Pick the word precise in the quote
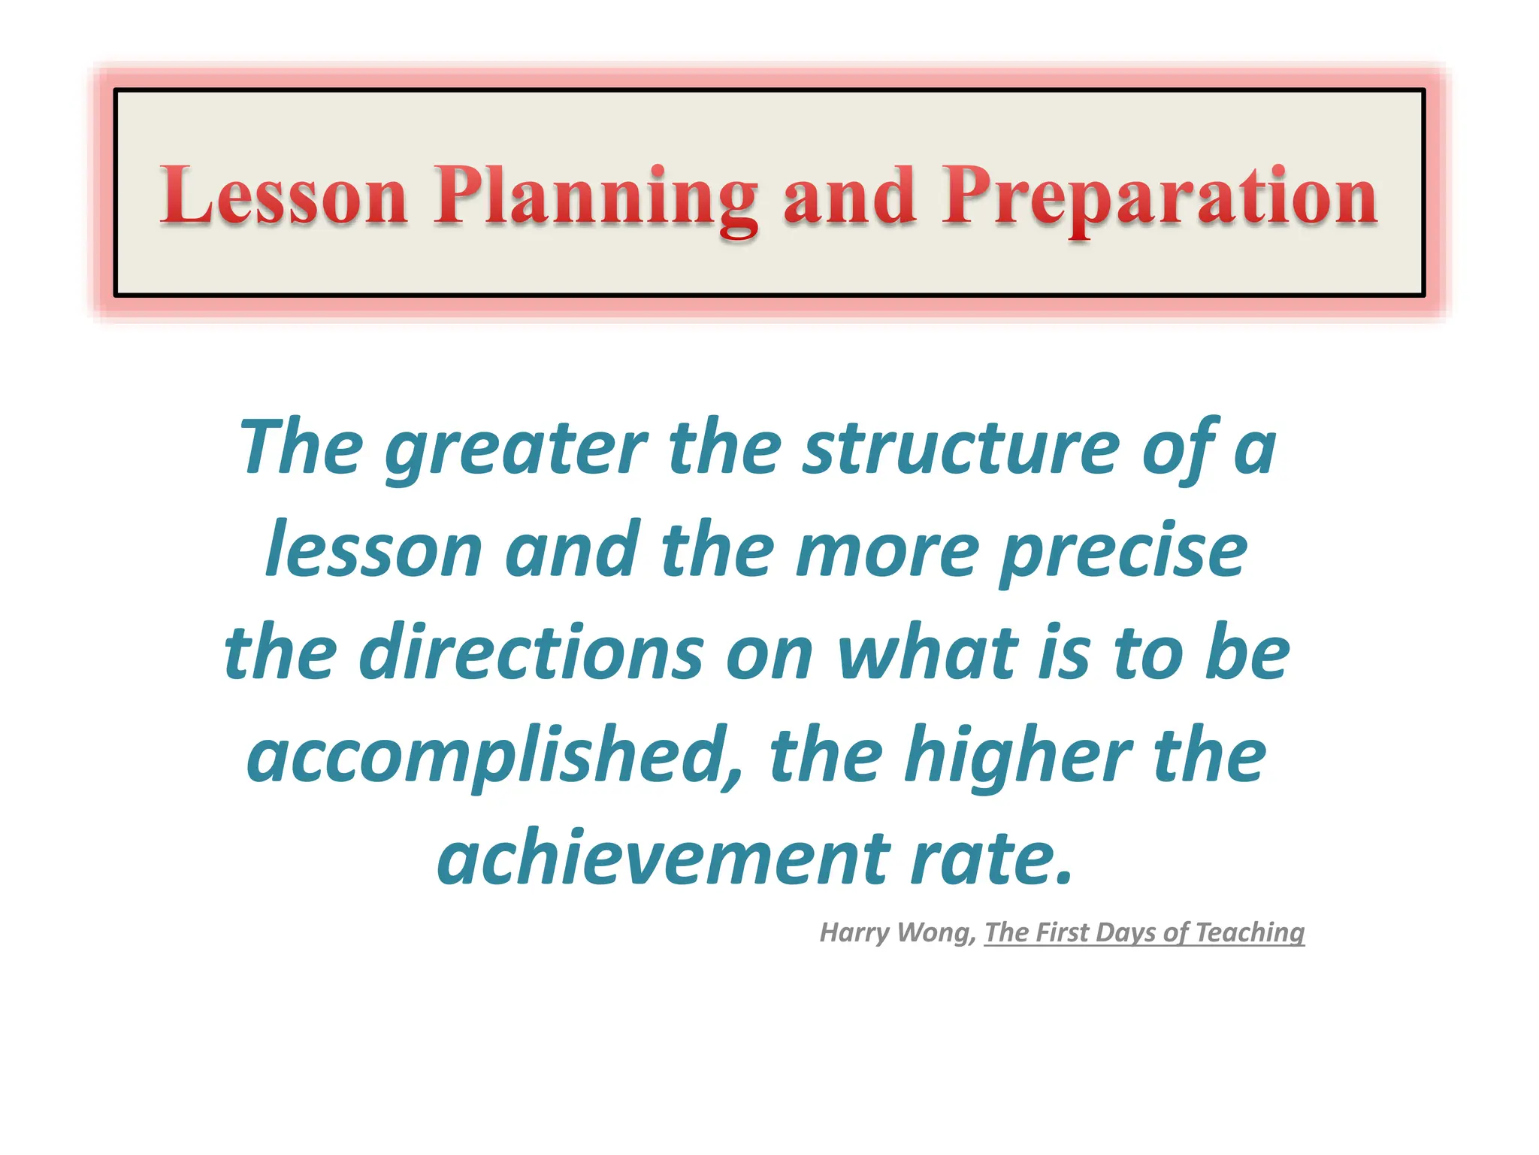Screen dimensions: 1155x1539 1123,551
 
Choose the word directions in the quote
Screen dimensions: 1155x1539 532,652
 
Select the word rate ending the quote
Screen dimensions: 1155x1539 990,857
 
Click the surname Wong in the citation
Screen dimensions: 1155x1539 937,932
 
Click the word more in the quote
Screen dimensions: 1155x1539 887,551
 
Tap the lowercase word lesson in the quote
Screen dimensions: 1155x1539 373,551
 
